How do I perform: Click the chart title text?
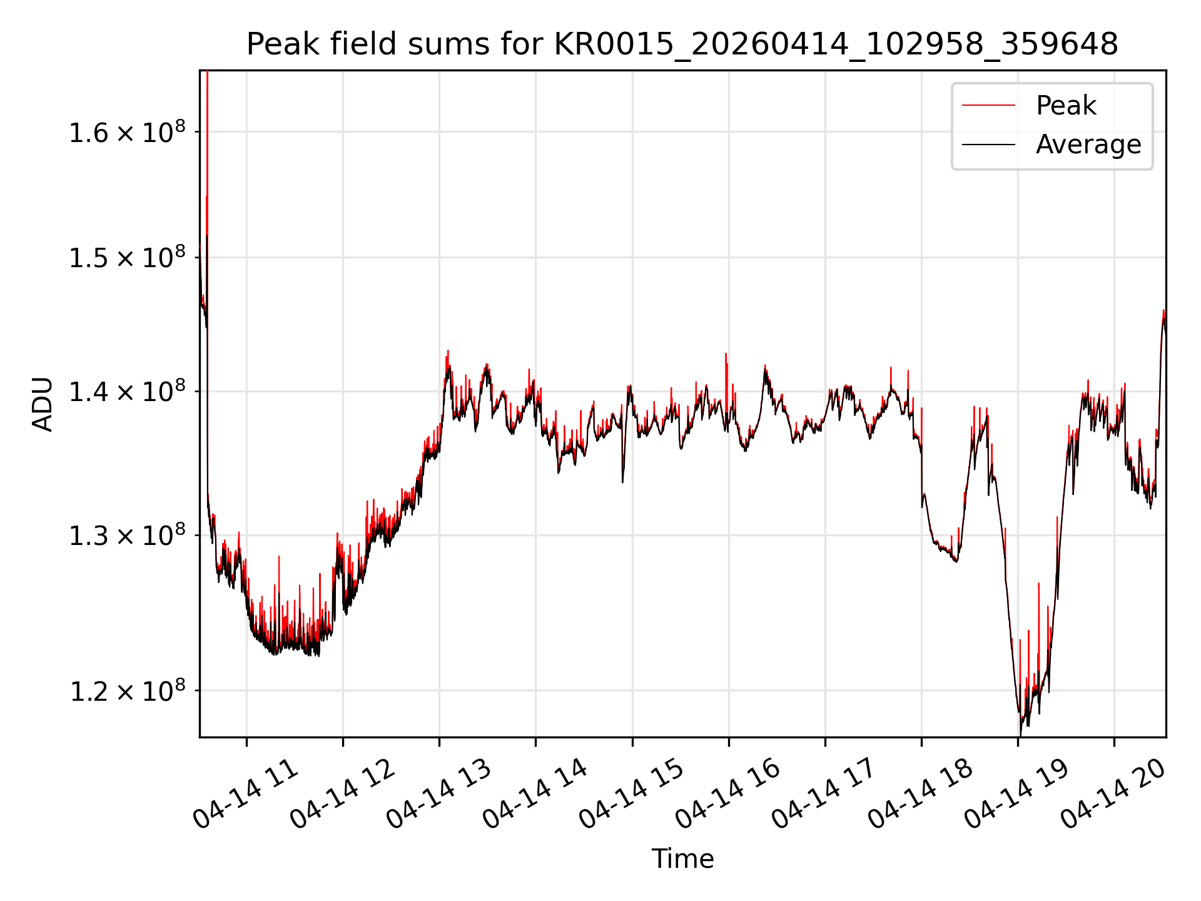682,44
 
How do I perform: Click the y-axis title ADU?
43,404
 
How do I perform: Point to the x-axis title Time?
682,858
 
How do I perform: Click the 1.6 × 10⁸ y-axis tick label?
127,132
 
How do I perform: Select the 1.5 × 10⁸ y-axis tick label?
127,257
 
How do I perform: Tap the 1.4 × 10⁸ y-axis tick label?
127,392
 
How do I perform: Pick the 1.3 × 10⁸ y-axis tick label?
127,536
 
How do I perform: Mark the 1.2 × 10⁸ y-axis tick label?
127,691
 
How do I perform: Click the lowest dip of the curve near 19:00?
1020,733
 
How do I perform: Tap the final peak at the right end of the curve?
1163,311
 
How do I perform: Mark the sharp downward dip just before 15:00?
623,481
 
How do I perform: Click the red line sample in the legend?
988,105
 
